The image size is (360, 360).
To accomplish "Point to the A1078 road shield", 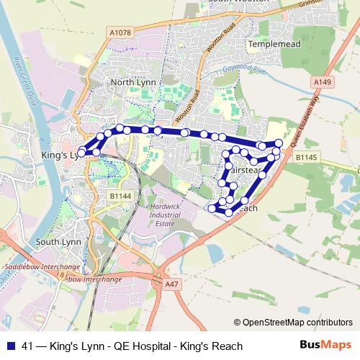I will coord(121,32).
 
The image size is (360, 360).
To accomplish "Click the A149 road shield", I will coord(323,83).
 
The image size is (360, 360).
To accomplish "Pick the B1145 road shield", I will coord(307,157).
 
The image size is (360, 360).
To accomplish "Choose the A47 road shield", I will coord(171,284).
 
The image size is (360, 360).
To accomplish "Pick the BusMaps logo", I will coord(326,345).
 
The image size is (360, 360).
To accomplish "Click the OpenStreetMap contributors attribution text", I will coord(297,322).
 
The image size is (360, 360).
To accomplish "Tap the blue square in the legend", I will coord(10,346).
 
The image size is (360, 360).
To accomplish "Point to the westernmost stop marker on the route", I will coord(81,153).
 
